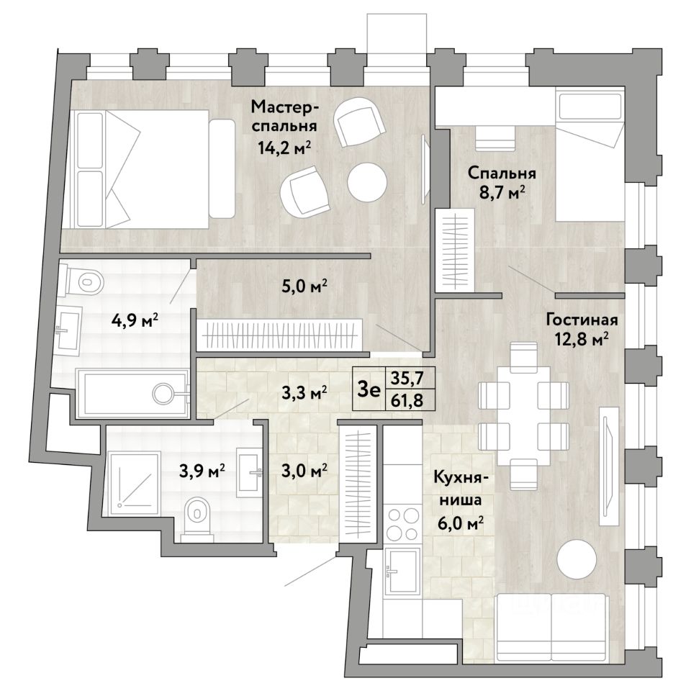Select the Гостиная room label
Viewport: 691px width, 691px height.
pyautogui.click(x=582, y=320)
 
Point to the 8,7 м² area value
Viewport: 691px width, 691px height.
pyautogui.click(x=502, y=193)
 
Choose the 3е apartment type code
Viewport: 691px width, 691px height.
pyautogui.click(x=369, y=389)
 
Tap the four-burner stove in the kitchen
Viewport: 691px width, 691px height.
pyautogui.click(x=402, y=525)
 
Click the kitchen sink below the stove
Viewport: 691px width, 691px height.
pyautogui.click(x=402, y=570)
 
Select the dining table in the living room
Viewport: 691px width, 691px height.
pyautogui.click(x=523, y=415)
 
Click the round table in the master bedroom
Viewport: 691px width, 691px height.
pyautogui.click(x=366, y=182)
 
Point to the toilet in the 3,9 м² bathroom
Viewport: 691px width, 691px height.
pyautogui.click(x=197, y=515)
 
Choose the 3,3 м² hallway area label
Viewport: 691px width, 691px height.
pyautogui.click(x=304, y=392)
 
